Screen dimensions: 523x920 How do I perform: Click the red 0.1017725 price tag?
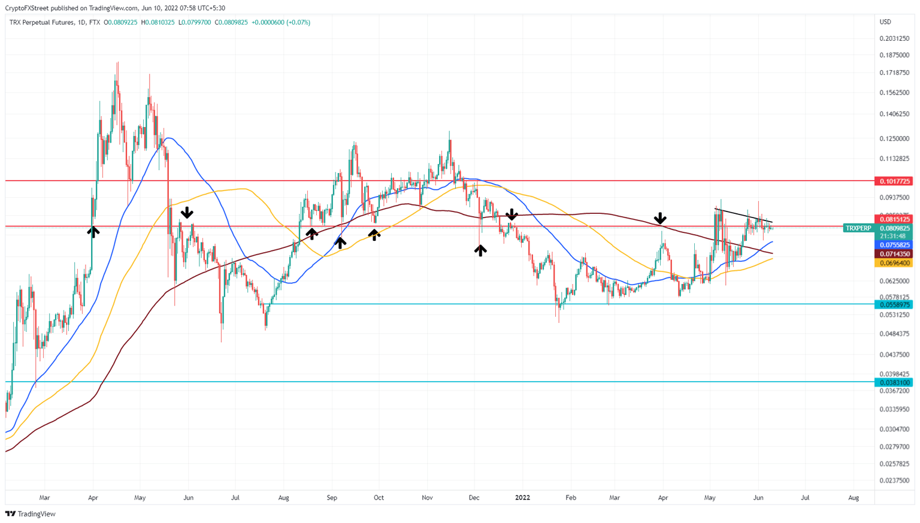click(x=894, y=181)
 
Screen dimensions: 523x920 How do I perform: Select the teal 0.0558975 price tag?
click(x=894, y=304)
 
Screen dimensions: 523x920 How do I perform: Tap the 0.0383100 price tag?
click(x=894, y=382)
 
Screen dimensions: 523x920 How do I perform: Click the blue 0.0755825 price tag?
click(x=894, y=245)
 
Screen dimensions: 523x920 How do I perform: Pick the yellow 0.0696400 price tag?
click(x=894, y=263)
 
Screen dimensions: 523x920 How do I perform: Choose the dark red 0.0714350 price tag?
click(x=894, y=254)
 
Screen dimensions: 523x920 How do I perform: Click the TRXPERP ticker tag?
click(x=858, y=228)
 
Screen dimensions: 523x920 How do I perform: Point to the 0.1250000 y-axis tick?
click(x=894, y=138)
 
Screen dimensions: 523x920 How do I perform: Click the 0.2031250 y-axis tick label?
click(x=894, y=38)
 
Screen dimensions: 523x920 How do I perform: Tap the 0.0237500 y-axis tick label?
click(x=894, y=480)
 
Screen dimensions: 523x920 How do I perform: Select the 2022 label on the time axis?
click(x=522, y=498)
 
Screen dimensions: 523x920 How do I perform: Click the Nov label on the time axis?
click(x=427, y=498)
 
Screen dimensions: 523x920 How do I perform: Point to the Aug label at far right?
click(x=854, y=498)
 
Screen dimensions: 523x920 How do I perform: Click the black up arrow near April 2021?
click(x=93, y=231)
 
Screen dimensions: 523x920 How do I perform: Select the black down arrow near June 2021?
click(x=187, y=213)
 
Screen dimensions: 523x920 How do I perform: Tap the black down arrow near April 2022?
click(x=660, y=218)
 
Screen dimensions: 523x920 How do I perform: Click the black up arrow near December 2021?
click(x=480, y=250)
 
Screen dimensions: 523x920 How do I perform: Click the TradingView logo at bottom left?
click(x=31, y=513)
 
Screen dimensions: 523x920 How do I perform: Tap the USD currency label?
click(x=885, y=22)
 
